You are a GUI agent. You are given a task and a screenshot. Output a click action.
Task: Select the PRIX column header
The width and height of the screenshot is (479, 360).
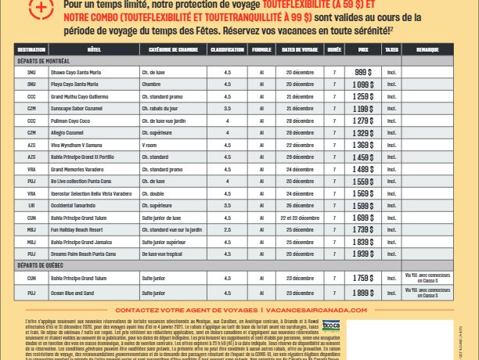[362, 49]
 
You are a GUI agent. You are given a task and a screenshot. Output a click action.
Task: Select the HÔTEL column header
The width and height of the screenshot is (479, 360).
[95, 49]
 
